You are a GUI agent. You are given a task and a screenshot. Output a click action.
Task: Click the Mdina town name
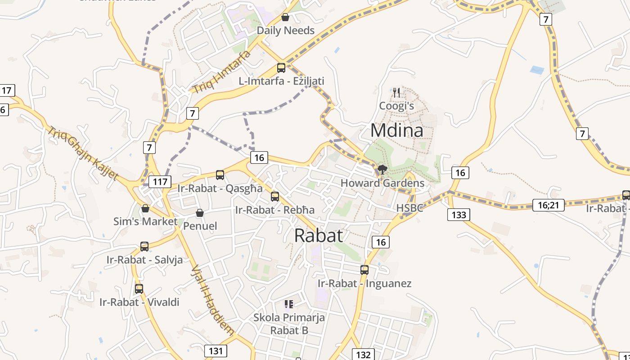(396, 130)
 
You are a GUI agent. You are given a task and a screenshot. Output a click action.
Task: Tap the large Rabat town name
(319, 235)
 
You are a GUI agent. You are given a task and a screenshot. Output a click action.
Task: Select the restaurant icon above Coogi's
(396, 93)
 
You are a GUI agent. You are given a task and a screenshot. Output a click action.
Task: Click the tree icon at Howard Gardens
(382, 170)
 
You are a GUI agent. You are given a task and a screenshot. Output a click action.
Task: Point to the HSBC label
(409, 208)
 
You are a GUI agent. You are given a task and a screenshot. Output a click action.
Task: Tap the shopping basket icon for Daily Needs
(285, 18)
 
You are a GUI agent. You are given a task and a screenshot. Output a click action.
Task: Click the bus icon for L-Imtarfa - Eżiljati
(281, 68)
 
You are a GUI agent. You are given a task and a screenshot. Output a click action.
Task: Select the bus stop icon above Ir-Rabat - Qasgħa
(220, 175)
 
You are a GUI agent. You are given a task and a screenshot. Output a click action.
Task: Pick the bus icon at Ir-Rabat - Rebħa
(275, 197)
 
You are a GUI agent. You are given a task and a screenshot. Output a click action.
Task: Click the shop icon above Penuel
(200, 213)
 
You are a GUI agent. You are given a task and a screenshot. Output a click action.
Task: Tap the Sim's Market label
(145, 221)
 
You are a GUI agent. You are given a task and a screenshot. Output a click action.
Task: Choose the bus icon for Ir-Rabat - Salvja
(144, 247)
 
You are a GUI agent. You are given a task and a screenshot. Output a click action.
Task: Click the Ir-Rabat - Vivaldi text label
(139, 302)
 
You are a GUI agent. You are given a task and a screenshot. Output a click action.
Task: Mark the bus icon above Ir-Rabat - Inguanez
(364, 270)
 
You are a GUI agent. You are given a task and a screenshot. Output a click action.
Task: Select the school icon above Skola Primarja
(289, 304)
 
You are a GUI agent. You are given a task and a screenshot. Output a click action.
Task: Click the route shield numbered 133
(459, 215)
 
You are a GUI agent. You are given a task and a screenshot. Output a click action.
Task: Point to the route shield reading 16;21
(548, 205)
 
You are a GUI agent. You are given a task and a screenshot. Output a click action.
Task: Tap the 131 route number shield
(216, 351)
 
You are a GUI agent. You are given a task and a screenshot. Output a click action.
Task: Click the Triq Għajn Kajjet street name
(83, 153)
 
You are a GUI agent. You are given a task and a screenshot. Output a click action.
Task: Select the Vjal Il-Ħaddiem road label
(213, 299)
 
